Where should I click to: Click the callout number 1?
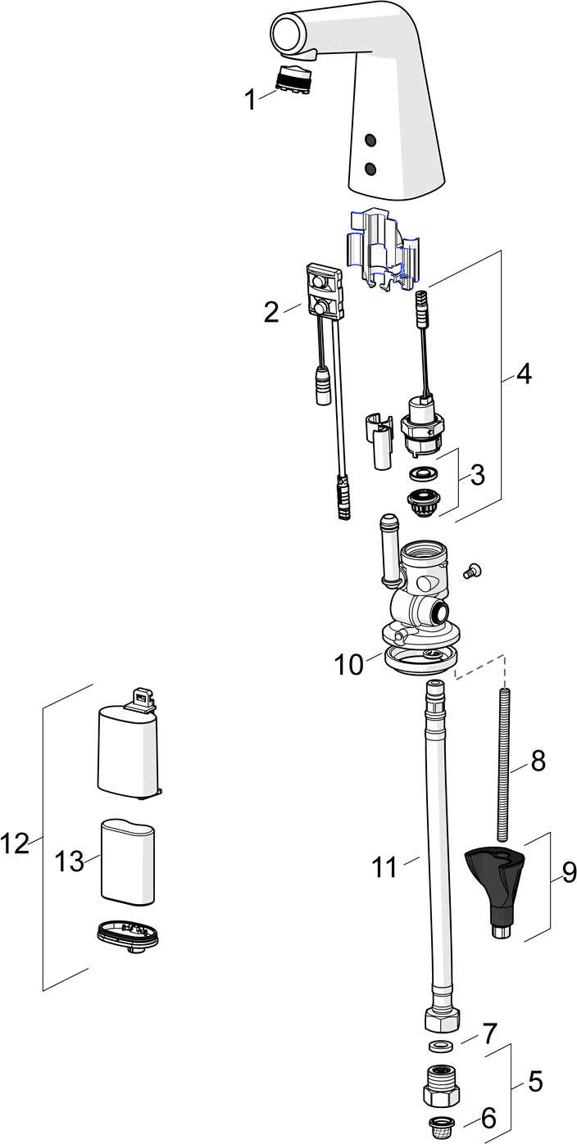coord(250,101)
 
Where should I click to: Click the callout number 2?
coord(271,312)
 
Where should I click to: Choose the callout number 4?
coord(524,374)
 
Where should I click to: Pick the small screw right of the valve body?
coord(473,572)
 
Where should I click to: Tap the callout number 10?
coord(348,664)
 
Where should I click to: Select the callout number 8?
coord(538,761)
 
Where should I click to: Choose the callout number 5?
coord(534,1083)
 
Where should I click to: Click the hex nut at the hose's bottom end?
coord(440,1020)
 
